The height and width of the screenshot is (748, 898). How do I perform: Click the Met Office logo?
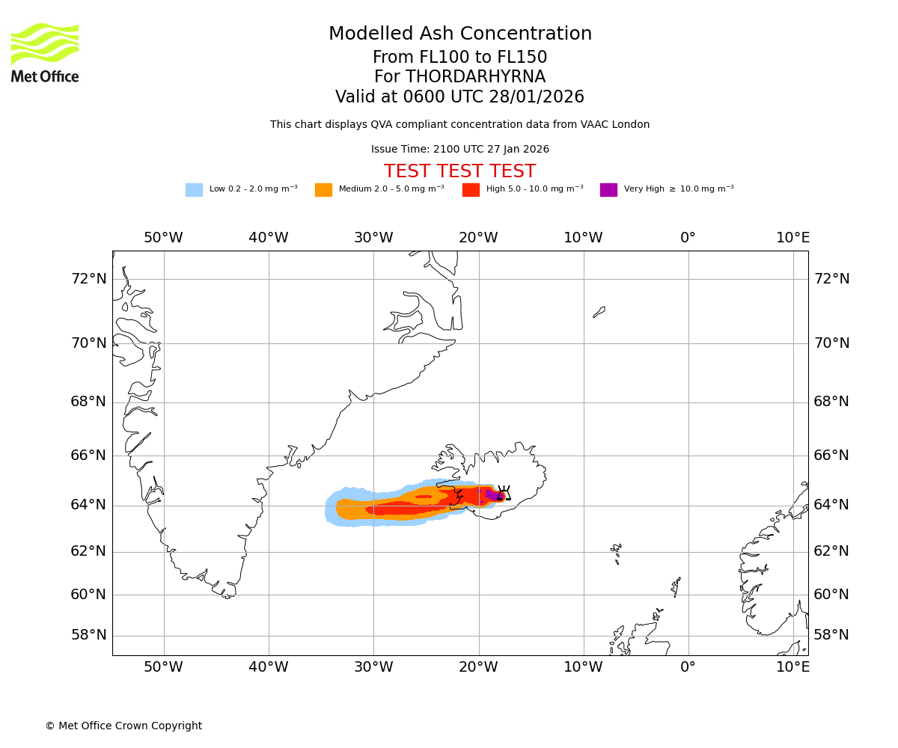click(45, 52)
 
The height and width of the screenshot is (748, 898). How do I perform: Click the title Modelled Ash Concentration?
click(460, 34)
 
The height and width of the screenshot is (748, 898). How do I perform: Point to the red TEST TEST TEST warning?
click(459, 171)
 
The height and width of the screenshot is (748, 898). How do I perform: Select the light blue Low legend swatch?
click(194, 190)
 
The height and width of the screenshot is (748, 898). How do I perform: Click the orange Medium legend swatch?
click(323, 190)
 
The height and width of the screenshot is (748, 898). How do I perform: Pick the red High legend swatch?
click(471, 190)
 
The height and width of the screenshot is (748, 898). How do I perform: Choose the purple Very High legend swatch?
click(608, 190)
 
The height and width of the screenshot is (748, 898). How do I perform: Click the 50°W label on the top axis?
click(163, 238)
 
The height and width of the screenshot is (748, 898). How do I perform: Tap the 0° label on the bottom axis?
click(688, 667)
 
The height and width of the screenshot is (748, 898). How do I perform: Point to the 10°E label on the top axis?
click(792, 238)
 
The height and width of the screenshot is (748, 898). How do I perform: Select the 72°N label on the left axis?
click(88, 279)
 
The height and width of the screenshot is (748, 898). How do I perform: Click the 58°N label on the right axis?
click(831, 635)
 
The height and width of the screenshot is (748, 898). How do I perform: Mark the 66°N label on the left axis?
click(88, 456)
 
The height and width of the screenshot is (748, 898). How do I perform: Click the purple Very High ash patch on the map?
click(491, 494)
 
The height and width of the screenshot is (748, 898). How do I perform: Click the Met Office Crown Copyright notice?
click(123, 726)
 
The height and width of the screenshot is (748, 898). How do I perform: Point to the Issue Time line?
click(459, 150)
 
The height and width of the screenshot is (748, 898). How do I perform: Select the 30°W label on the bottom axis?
click(373, 667)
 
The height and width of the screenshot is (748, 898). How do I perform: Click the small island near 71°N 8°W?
click(599, 311)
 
